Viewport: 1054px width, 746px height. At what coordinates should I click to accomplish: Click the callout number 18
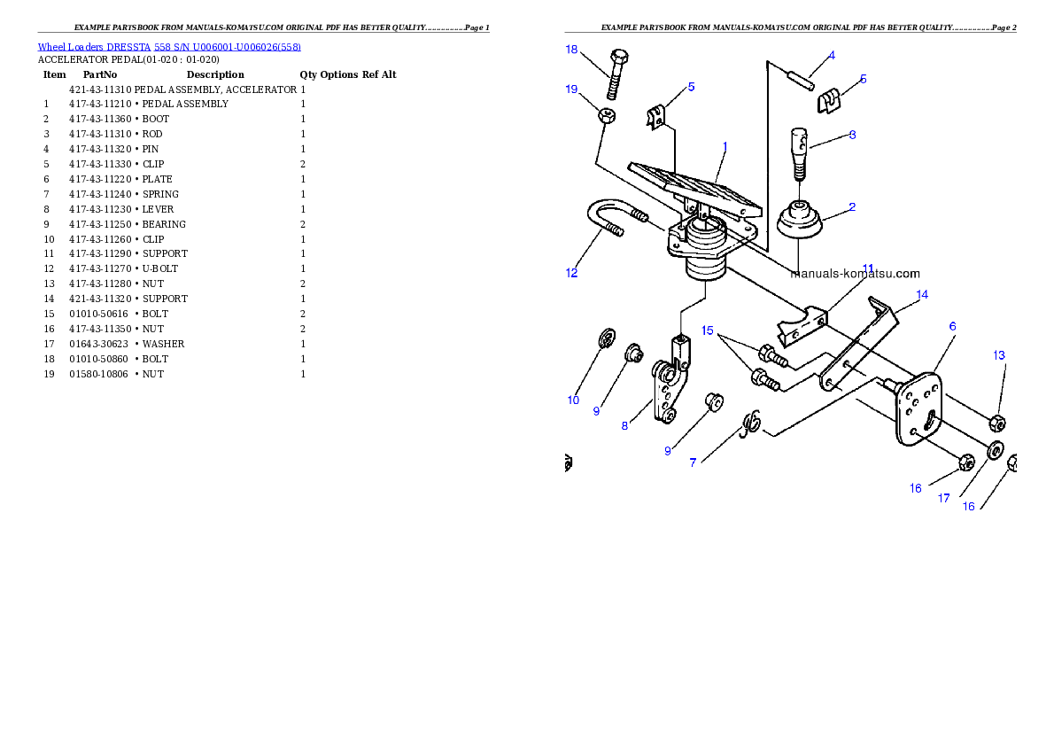pyautogui.click(x=572, y=50)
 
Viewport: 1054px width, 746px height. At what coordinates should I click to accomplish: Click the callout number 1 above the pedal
pyautogui.click(x=725, y=145)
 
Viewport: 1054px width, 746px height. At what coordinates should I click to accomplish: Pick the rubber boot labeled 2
pyautogui.click(x=800, y=221)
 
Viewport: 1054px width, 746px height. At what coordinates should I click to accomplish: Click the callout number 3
pyautogui.click(x=852, y=136)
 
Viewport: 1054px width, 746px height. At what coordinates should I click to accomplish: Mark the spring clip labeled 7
pyautogui.click(x=751, y=423)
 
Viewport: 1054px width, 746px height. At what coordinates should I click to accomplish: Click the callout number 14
pyautogui.click(x=922, y=295)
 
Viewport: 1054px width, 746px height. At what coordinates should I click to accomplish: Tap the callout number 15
pyautogui.click(x=708, y=330)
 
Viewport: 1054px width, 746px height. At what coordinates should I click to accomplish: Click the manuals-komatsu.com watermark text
pyautogui.click(x=855, y=274)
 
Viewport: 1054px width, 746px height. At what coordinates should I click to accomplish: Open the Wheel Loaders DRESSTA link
pyautogui.click(x=169, y=47)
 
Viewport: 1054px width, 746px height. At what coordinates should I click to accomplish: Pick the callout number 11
pyautogui.click(x=868, y=268)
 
